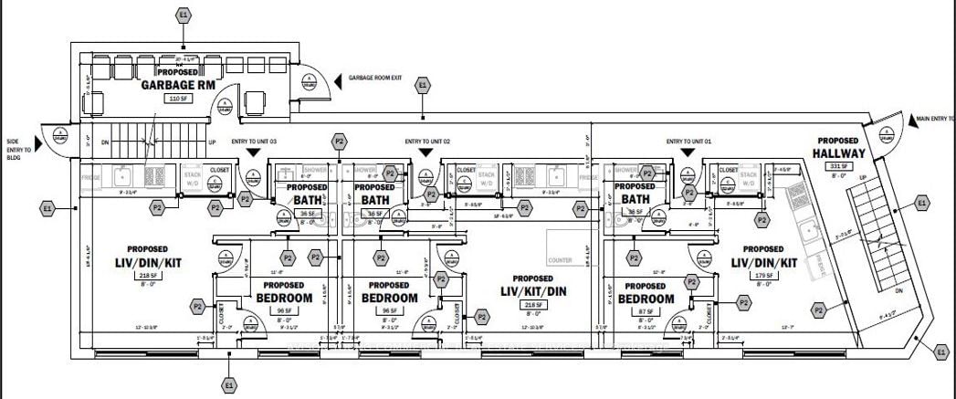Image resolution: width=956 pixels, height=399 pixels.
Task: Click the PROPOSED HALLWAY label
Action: click(x=832, y=153)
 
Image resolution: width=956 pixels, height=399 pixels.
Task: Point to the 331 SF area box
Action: click(x=839, y=166)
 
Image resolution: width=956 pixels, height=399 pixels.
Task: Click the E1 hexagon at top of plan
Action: click(x=184, y=15)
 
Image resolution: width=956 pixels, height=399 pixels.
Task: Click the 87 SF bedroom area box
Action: click(x=646, y=310)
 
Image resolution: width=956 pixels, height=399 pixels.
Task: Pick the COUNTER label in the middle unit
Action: click(x=562, y=260)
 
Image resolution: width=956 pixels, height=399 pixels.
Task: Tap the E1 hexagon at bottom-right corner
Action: click(x=941, y=349)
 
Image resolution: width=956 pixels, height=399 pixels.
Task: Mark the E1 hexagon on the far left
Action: click(x=47, y=209)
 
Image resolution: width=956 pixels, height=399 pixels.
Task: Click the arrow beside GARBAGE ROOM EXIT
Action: click(x=339, y=79)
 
